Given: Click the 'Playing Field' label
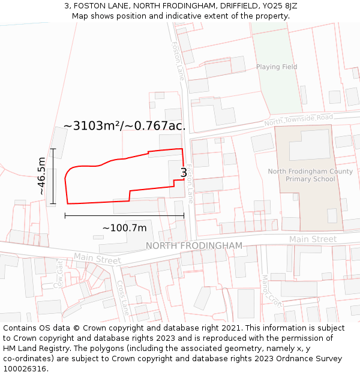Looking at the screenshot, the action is click(x=277, y=67).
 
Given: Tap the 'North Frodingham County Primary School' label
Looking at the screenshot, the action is click(x=310, y=175).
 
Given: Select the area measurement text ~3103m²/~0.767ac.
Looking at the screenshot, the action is click(x=124, y=125).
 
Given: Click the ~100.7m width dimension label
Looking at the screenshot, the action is click(x=124, y=228).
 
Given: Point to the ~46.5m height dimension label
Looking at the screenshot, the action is click(x=41, y=176).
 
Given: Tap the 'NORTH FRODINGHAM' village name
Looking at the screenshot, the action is click(x=194, y=246).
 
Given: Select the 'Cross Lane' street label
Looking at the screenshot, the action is click(x=123, y=298).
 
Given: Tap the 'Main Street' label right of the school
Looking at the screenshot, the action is click(x=313, y=239).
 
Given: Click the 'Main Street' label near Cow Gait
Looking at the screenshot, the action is click(x=97, y=259).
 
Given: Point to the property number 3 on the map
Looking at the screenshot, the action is click(x=184, y=173).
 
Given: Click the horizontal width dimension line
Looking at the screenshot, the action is click(x=124, y=215).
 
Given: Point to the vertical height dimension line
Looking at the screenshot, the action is click(x=53, y=176).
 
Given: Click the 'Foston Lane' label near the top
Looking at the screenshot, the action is click(x=178, y=61).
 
